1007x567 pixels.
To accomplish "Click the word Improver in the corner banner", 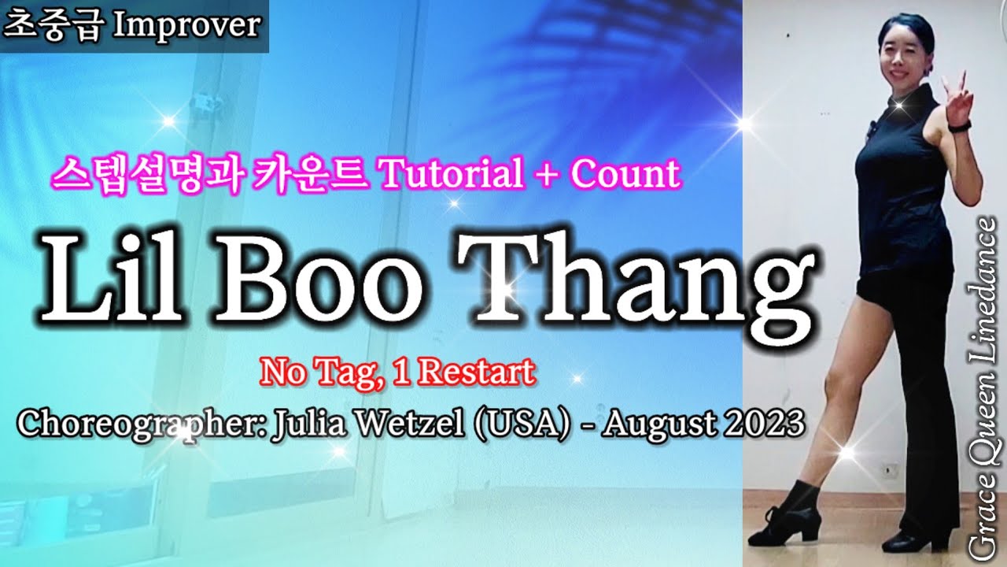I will point(186,25).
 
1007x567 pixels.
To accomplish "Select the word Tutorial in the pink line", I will point(451,174).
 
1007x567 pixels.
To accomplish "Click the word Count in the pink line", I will point(625,174).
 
